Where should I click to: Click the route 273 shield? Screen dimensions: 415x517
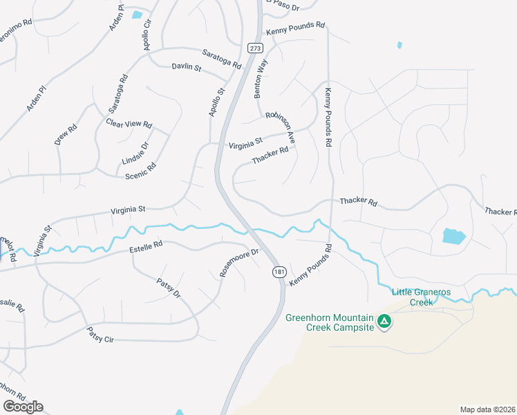pyautogui.click(x=255, y=48)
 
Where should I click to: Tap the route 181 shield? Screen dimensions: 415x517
pyautogui.click(x=279, y=273)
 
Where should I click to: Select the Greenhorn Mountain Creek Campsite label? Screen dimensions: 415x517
pyautogui.click(x=329, y=322)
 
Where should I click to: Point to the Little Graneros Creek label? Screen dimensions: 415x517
pyautogui.click(x=421, y=297)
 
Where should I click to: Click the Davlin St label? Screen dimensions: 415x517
pyautogui.click(x=186, y=68)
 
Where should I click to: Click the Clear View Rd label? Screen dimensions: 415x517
pyautogui.click(x=129, y=123)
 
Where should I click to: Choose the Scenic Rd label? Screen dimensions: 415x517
pyautogui.click(x=140, y=170)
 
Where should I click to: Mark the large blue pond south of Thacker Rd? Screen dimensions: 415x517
pyautogui.click(x=453, y=236)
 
